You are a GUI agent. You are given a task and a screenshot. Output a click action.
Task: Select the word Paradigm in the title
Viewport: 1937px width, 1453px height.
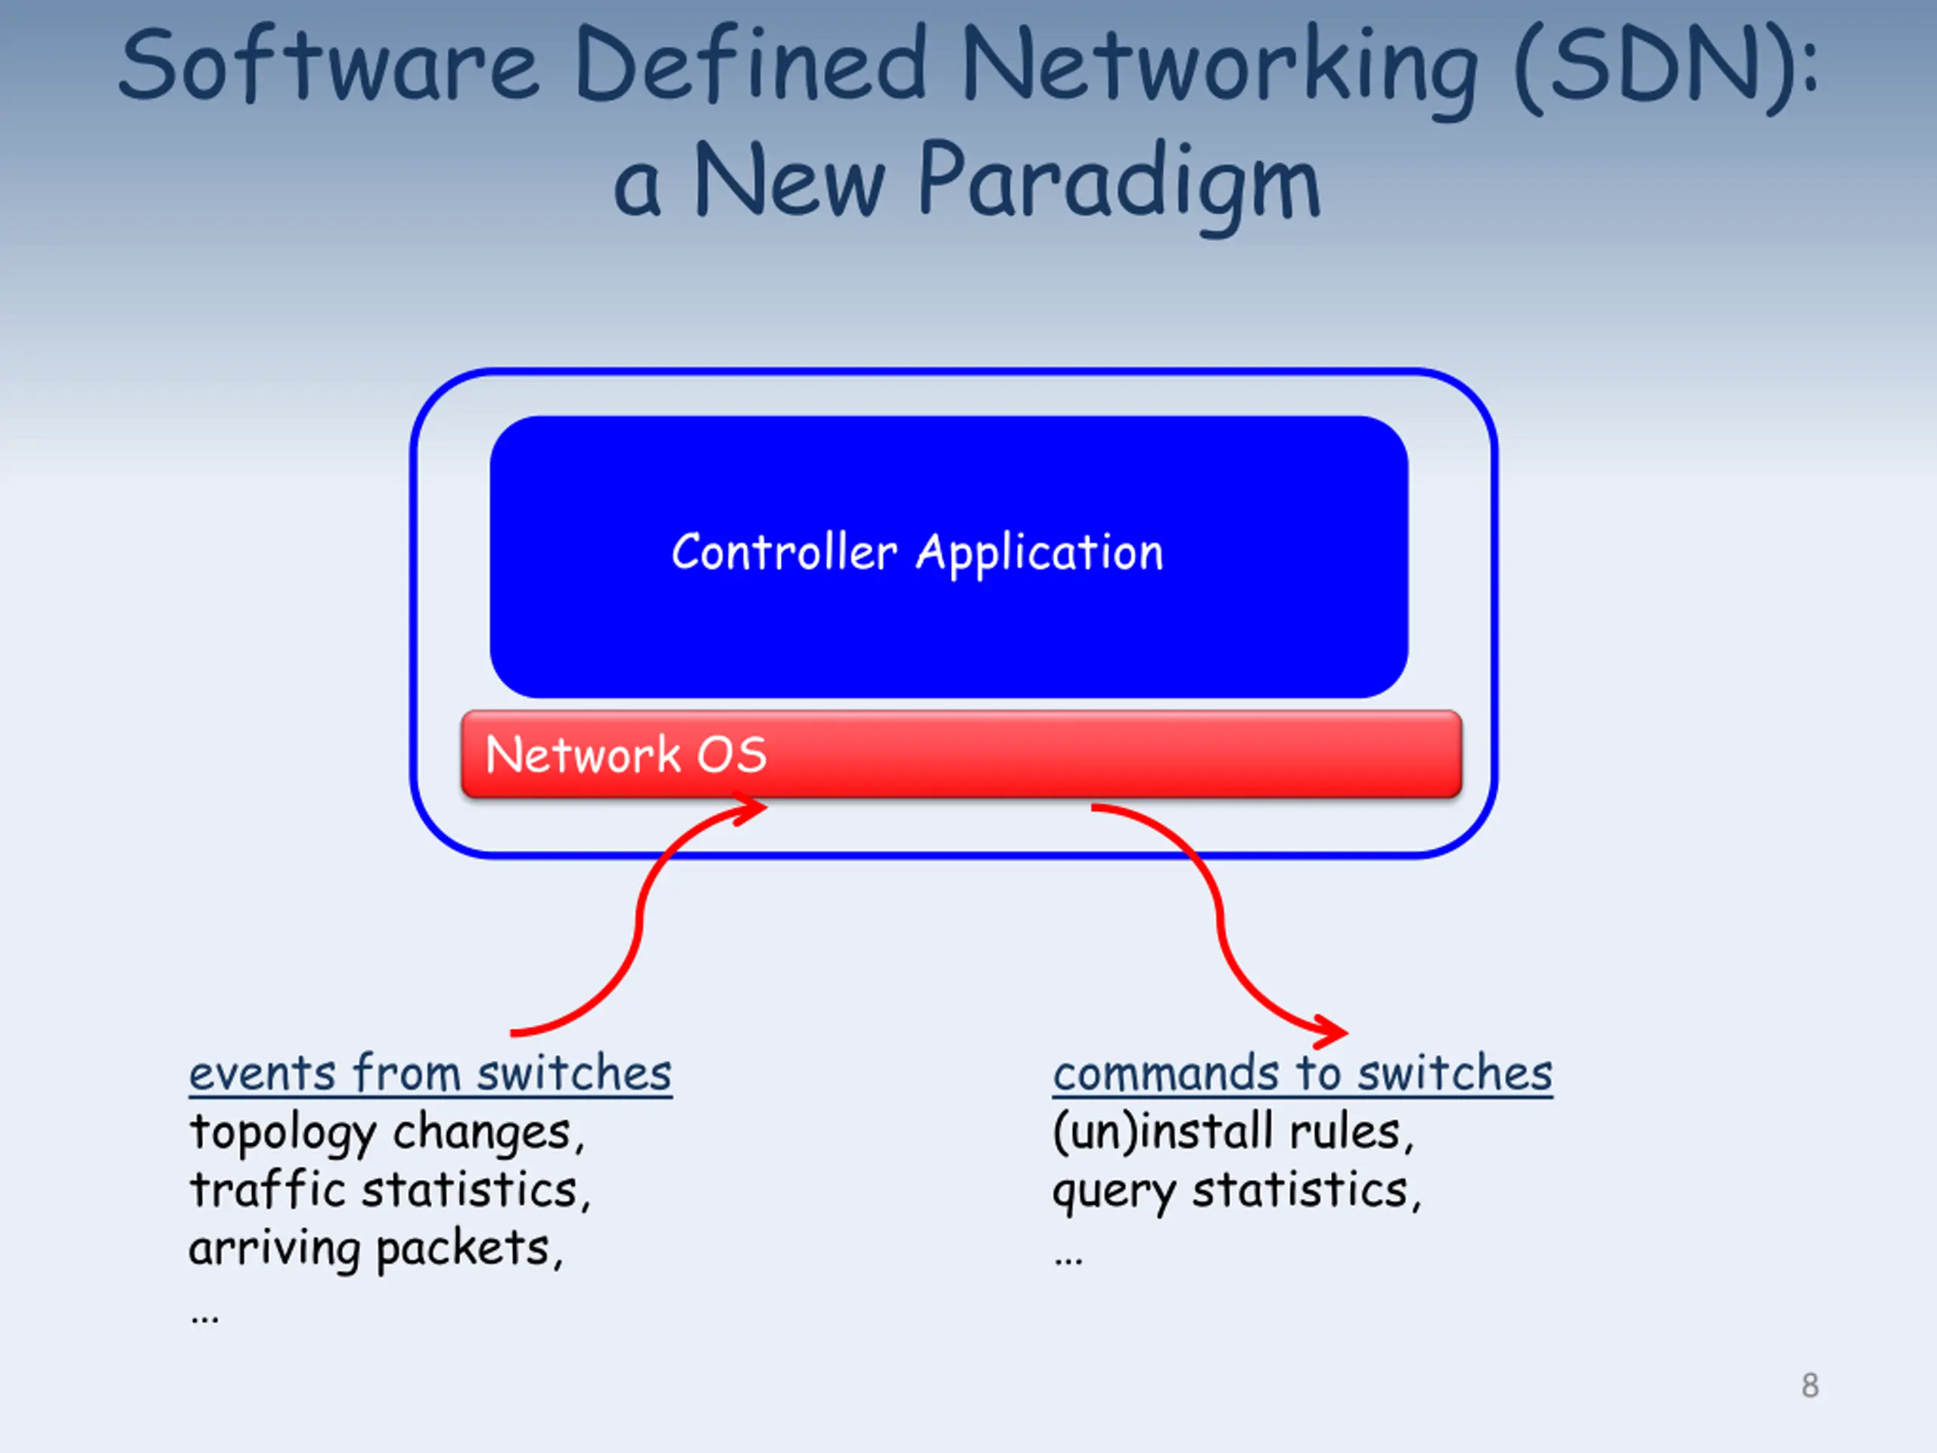(x=1118, y=182)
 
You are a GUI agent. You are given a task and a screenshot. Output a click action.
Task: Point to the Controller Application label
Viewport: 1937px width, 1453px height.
(x=917, y=553)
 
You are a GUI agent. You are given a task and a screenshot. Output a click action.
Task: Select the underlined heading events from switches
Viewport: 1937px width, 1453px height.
(x=430, y=1074)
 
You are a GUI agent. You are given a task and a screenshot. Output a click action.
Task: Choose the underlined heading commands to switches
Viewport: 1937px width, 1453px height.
(x=1302, y=1074)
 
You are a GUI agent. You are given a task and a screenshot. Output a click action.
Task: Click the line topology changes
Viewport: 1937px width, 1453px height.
(x=386, y=1131)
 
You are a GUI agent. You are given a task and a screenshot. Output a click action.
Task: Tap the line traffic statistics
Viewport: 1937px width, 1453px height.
(x=390, y=1190)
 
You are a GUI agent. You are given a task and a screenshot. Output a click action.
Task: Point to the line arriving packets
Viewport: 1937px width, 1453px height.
(x=375, y=1248)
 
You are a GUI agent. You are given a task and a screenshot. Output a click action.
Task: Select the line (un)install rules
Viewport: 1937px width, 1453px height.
(x=1232, y=1131)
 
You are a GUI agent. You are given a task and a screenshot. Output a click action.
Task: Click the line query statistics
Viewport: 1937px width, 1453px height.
(x=1236, y=1190)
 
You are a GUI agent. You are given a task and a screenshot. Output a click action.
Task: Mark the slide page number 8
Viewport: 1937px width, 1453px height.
(x=1810, y=1386)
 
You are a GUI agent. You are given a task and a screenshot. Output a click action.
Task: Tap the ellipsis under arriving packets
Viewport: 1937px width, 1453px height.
(x=205, y=1316)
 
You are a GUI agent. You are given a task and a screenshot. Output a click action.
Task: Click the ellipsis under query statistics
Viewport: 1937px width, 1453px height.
(x=1068, y=1259)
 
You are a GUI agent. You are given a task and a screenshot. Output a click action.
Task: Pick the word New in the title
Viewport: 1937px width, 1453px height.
(x=789, y=182)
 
